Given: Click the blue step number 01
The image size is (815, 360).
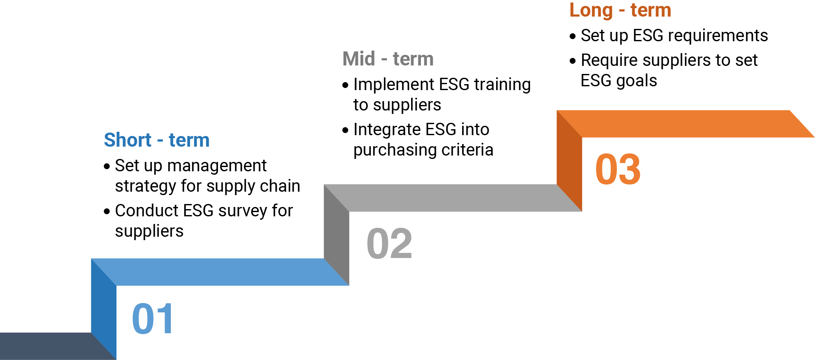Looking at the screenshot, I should pos(152,319).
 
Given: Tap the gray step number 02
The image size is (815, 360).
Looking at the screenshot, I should pos(389,244).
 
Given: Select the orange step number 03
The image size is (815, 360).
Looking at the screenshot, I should pos(618,170).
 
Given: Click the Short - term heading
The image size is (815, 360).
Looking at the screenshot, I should pos(156,140).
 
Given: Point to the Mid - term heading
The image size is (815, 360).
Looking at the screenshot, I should pos(388,59).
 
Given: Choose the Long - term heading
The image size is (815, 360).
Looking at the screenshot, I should pos(620,10).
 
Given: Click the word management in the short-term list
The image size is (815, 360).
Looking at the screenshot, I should pos(217,166).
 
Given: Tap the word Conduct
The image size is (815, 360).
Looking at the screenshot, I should pos(147,211).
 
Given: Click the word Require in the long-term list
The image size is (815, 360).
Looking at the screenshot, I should pos(609,60).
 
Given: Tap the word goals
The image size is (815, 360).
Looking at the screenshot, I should pos(637,81).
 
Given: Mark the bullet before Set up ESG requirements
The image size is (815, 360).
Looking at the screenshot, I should pos(573,37).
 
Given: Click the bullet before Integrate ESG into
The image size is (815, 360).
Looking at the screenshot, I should pos(345,130).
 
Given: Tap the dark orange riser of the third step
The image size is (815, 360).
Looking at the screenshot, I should pos(569,162).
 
